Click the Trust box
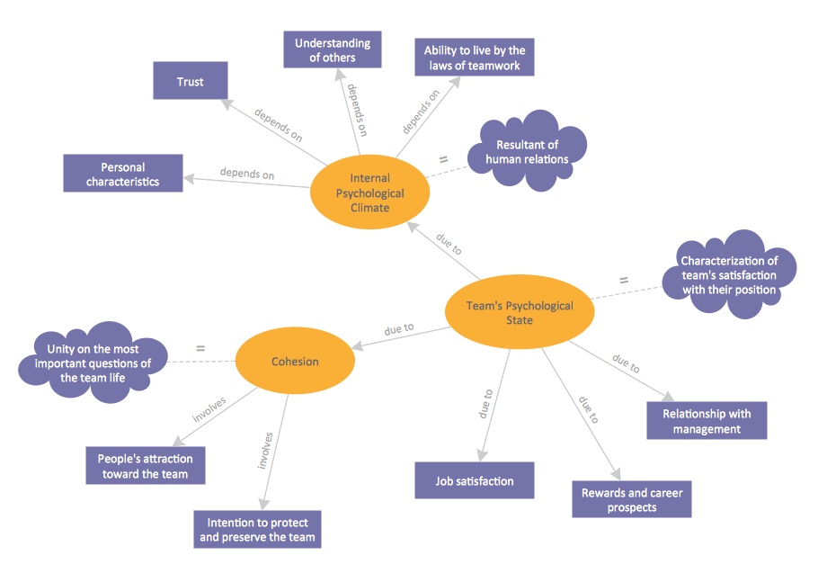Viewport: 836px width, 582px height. [190, 81]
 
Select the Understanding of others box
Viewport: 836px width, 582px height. [332, 50]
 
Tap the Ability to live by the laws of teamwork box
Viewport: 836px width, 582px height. [474, 58]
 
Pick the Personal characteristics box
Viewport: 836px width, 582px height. [123, 174]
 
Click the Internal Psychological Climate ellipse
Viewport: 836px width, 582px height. [369, 193]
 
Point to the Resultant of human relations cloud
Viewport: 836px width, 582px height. [528, 152]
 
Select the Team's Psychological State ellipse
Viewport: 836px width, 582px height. [520, 313]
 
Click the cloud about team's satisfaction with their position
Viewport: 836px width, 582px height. [729, 275]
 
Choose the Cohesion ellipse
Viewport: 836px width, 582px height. [295, 362]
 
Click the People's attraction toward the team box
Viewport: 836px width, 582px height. [145, 466]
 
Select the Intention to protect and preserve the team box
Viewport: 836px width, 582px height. [257, 530]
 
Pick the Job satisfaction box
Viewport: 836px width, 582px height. [475, 480]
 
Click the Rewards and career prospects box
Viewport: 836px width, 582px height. [632, 500]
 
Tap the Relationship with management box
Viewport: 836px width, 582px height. [707, 421]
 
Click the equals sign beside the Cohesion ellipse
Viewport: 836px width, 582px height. [200, 347]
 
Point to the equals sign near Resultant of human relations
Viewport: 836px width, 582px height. [442, 159]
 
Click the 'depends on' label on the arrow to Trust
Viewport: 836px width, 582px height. [278, 126]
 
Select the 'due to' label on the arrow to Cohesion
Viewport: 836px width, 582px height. [399, 329]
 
